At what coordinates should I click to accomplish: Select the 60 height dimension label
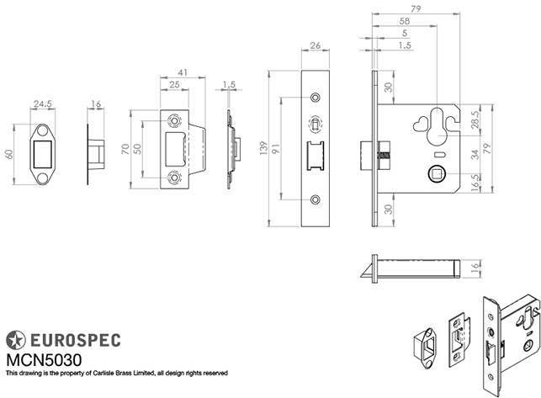click(10, 155)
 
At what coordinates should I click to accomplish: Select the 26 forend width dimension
click(315, 46)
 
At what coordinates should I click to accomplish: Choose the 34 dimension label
click(476, 154)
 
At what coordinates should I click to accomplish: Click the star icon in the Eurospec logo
click(15, 340)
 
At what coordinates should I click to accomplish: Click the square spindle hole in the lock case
click(437, 174)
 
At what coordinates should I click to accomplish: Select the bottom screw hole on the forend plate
click(316, 199)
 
